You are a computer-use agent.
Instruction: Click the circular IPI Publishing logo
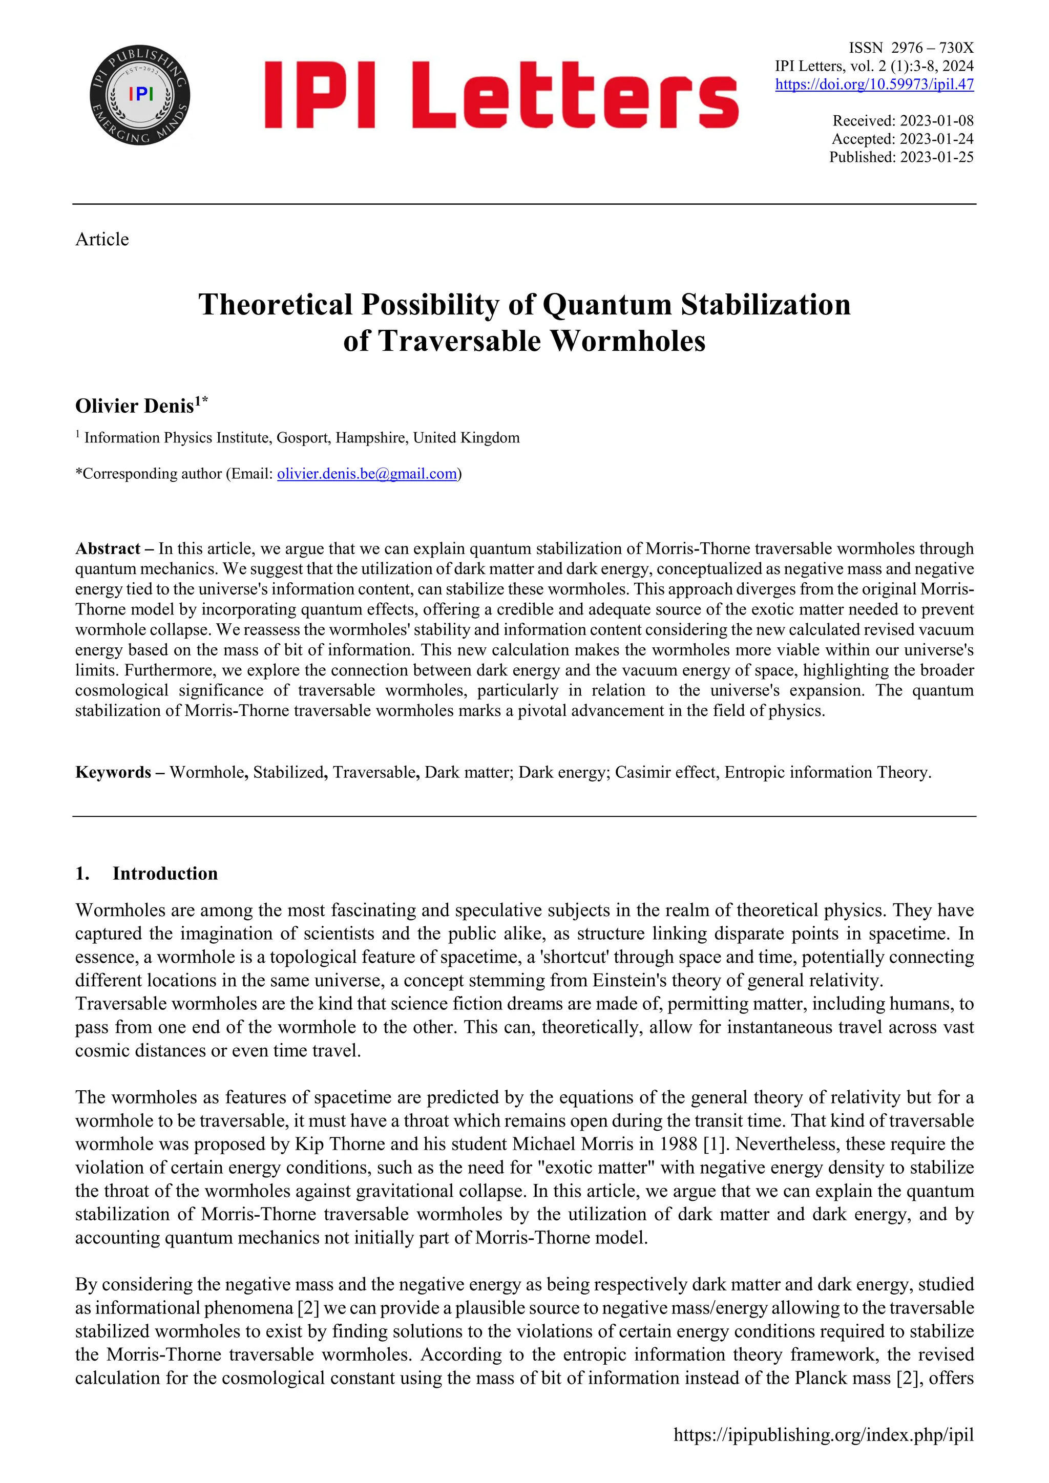coord(140,95)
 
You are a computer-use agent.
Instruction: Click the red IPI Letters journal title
coord(501,95)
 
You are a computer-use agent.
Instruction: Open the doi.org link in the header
coord(874,84)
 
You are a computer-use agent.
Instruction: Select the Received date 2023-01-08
coord(937,121)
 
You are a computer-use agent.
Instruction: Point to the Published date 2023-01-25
coord(937,157)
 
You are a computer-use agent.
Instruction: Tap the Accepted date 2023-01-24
coord(937,139)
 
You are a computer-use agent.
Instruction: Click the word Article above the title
coord(102,240)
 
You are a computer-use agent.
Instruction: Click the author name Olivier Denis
coord(134,406)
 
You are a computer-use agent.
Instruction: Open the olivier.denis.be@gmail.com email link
coord(367,474)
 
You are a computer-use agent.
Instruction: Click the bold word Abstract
coord(107,549)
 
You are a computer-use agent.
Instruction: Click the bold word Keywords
coord(113,773)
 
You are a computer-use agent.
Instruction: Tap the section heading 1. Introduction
coord(146,874)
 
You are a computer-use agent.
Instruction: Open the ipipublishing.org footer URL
coord(823,1435)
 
